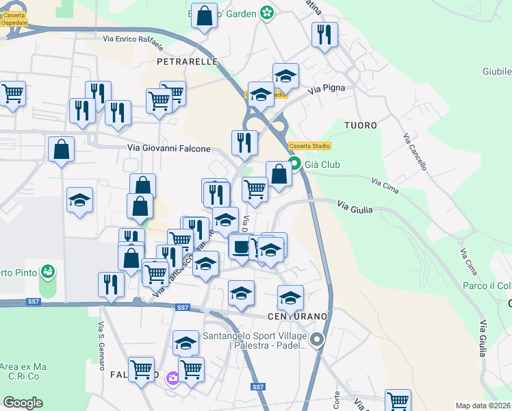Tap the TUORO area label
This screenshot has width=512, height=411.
point(361,125)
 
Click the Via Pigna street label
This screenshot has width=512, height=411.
point(326,89)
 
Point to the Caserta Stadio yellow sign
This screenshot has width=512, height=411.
point(309,146)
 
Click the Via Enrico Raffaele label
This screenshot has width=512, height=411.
point(134,45)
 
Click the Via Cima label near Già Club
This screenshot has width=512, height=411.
point(385,182)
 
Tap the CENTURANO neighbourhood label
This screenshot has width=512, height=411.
point(296,316)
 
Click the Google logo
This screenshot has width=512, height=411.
point(23,403)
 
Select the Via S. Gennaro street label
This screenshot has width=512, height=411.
point(100,338)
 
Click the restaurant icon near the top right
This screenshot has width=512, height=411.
point(324,34)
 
